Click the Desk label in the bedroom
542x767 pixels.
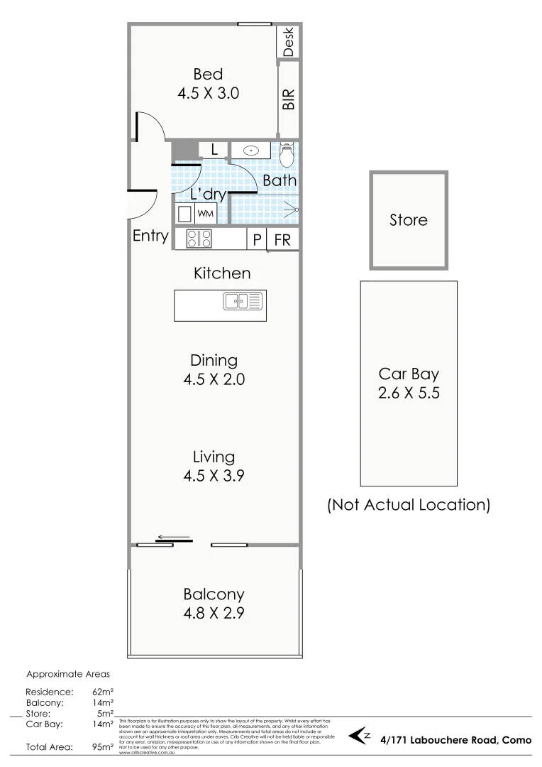pyautogui.click(x=288, y=42)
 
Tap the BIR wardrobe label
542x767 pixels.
pyautogui.click(x=288, y=99)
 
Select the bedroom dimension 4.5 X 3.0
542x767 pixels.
pyautogui.click(x=208, y=93)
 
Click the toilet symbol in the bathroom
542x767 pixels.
pyautogui.click(x=287, y=154)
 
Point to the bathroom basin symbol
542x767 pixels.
pyautogui.click(x=250, y=151)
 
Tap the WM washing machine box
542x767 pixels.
pyautogui.click(x=205, y=213)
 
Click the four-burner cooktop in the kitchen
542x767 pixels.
pyautogui.click(x=199, y=239)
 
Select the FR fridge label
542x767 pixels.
pyautogui.click(x=282, y=240)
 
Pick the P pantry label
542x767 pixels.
pyautogui.click(x=257, y=240)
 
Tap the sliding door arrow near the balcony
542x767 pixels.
pyautogui.click(x=174, y=538)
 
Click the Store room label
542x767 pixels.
pyautogui.click(x=409, y=220)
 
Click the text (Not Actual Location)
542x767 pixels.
pyautogui.click(x=409, y=505)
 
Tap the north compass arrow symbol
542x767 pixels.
pyautogui.click(x=360, y=736)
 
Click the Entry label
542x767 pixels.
pyautogui.click(x=150, y=236)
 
